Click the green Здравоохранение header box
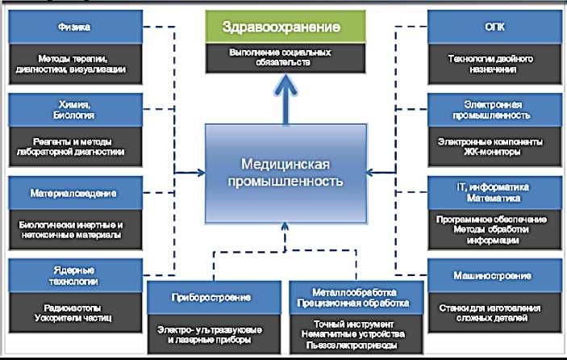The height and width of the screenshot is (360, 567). pyautogui.click(x=281, y=27)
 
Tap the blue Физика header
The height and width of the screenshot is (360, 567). pyautogui.click(x=75, y=27)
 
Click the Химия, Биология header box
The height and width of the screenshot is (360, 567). pyautogui.click(x=75, y=111)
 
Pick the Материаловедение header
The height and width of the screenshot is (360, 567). pyautogui.click(x=75, y=194)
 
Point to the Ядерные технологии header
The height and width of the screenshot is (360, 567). pyautogui.click(x=75, y=276)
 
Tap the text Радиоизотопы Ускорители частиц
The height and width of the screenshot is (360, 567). pyautogui.click(x=75, y=312)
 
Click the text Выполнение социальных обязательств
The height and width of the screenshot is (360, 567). pyautogui.click(x=281, y=57)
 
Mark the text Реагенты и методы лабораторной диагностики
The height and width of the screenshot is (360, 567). pyautogui.click(x=75, y=146)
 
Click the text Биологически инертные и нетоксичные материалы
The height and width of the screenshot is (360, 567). pyautogui.click(x=75, y=229)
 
